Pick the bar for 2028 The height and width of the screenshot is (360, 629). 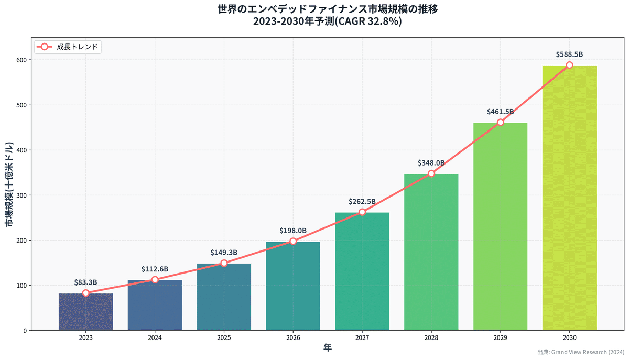coord(431,252)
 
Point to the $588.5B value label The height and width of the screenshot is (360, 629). coord(569,54)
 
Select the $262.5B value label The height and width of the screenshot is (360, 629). coord(362,201)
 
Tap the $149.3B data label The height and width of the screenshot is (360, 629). coord(224,252)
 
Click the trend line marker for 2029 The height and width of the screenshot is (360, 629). coord(500,122)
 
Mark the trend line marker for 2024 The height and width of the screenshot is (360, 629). coord(155,280)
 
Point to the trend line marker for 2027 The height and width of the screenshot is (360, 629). coord(362,212)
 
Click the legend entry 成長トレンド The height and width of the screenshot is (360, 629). coord(68,47)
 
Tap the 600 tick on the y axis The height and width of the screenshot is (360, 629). coord(21,60)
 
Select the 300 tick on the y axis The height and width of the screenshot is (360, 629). coord(21,195)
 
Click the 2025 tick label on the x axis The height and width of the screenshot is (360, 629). coord(224,338)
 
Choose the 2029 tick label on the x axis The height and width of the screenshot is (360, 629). coord(500,338)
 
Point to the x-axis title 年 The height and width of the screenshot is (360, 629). coord(327,348)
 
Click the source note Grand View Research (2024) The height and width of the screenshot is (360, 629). coord(588,352)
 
